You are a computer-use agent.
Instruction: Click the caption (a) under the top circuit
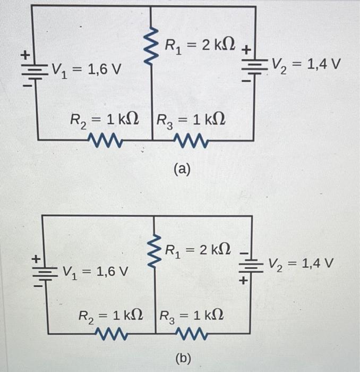pyautogui.click(x=182, y=169)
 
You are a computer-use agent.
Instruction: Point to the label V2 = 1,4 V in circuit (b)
pyautogui.click(x=300, y=262)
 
